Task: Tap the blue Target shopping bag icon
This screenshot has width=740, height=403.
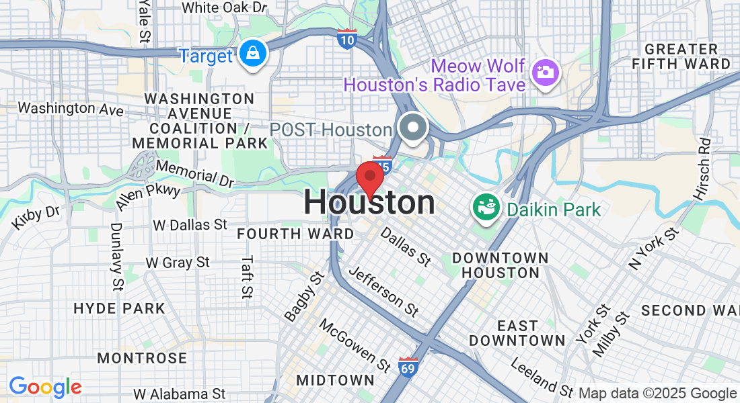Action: click(253, 55)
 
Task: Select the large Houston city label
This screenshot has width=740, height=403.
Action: click(369, 203)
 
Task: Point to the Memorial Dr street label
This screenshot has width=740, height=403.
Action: click(194, 173)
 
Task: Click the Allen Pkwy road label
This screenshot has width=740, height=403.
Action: click(148, 195)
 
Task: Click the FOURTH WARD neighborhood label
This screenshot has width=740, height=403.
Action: click(295, 234)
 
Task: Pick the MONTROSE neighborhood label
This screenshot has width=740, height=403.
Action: click(142, 358)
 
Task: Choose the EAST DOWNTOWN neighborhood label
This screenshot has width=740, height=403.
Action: click(517, 333)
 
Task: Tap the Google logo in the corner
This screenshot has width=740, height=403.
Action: click(45, 387)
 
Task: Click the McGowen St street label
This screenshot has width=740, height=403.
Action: click(355, 345)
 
